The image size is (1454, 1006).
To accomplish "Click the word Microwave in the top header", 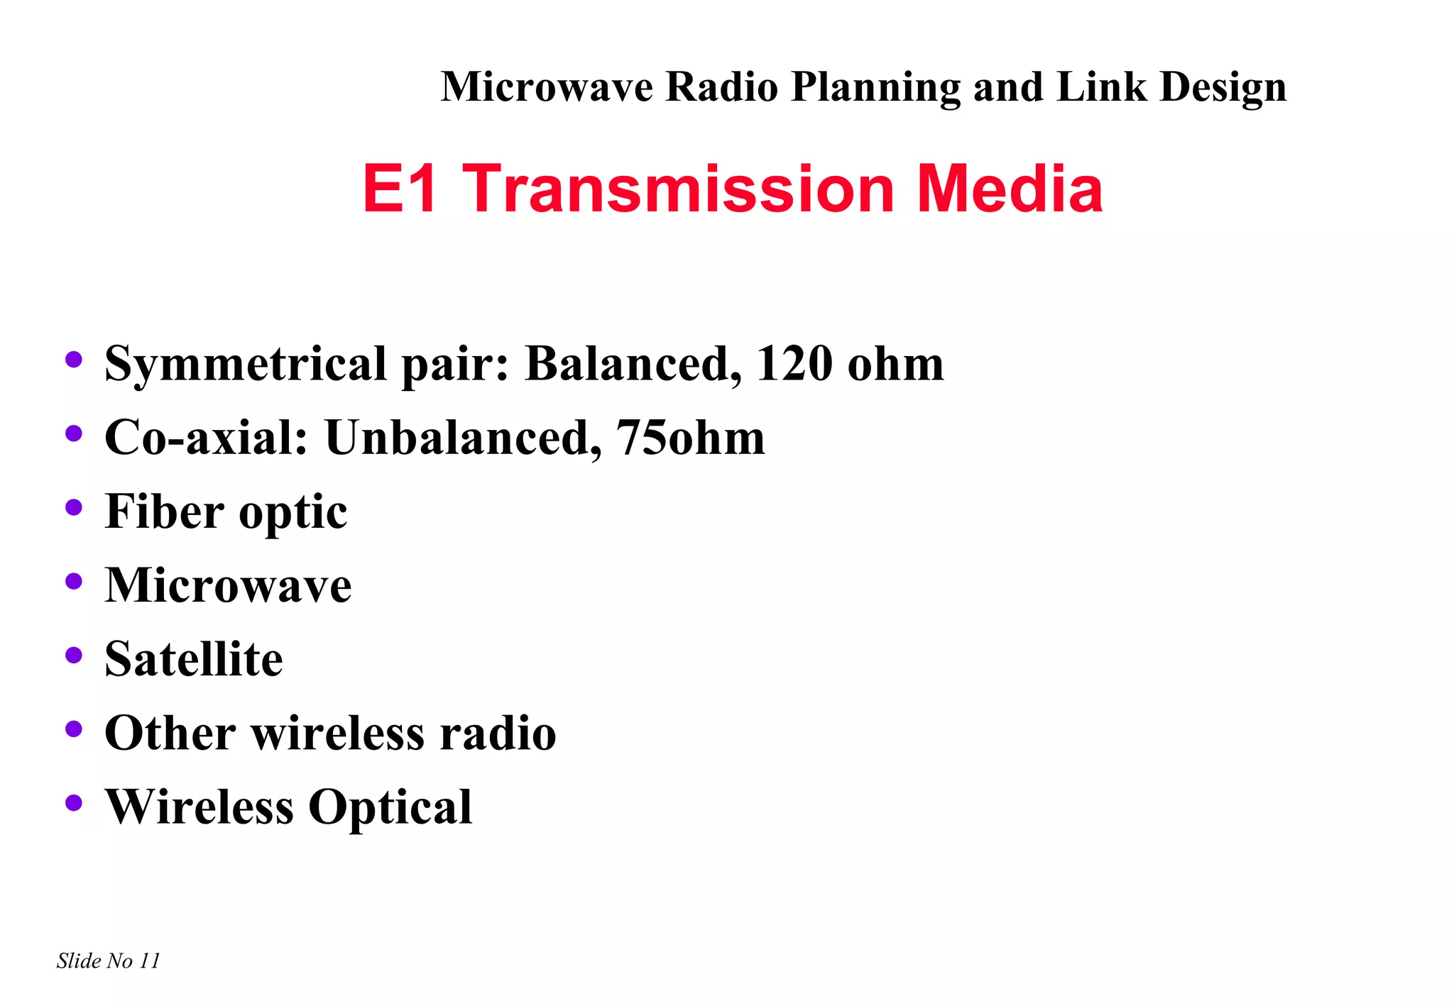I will pos(547,87).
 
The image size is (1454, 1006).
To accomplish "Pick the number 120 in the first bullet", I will pos(794,363).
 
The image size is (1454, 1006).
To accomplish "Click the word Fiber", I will pos(165,511).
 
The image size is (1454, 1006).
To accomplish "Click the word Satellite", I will pos(194,658).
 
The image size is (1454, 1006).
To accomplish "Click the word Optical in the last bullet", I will pos(390,807).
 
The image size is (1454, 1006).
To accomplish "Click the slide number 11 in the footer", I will pos(150,961).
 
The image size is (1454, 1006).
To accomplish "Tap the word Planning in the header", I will pos(875,87).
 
